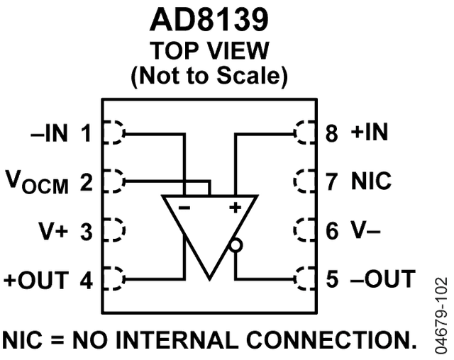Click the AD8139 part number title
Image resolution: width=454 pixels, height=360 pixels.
tap(209, 20)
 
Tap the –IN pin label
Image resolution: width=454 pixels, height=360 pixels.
tap(50, 133)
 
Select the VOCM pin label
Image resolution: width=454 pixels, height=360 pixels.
tap(37, 182)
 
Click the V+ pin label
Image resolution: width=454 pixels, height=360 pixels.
tap(53, 231)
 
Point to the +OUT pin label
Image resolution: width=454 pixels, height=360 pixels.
tap(36, 280)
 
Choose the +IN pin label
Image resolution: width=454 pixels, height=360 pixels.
tap(369, 132)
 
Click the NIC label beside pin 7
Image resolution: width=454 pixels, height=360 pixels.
tap(371, 181)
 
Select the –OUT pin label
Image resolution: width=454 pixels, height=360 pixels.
tap(383, 279)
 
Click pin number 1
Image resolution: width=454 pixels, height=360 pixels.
tap(86, 133)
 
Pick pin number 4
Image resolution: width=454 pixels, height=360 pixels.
tap(87, 280)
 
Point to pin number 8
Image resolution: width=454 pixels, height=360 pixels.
tap(332, 133)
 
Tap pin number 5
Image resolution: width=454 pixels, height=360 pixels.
tap(332, 279)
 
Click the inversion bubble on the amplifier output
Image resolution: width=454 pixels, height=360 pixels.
tap(236, 245)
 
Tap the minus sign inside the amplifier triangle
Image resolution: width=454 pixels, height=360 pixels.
tap(184, 208)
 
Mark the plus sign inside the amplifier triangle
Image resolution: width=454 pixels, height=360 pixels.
tap(235, 207)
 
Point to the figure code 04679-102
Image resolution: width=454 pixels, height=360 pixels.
tap(441, 315)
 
